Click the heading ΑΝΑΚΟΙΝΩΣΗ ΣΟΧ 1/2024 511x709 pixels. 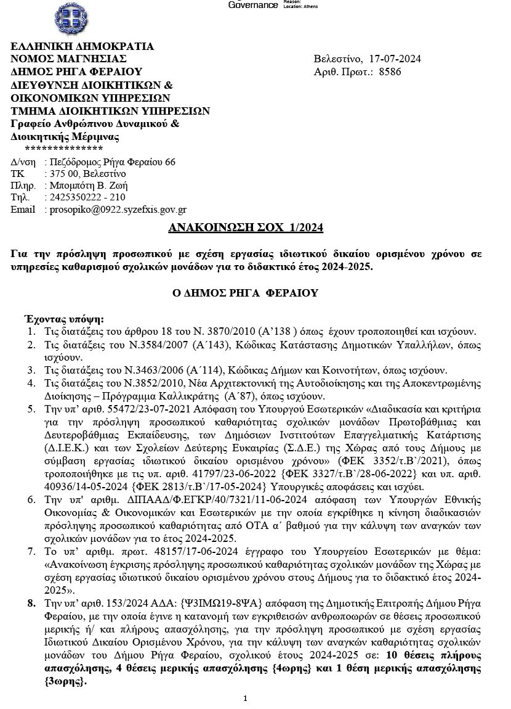pyautogui.click(x=246, y=228)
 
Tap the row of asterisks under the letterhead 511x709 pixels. pyautogui.click(x=63, y=149)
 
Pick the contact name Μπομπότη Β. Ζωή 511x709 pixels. pyautogui.click(x=89, y=185)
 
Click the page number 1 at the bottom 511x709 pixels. pyautogui.click(x=245, y=699)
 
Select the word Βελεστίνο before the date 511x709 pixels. pyautogui.click(x=337, y=59)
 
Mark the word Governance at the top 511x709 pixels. pyautogui.click(x=253, y=5)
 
